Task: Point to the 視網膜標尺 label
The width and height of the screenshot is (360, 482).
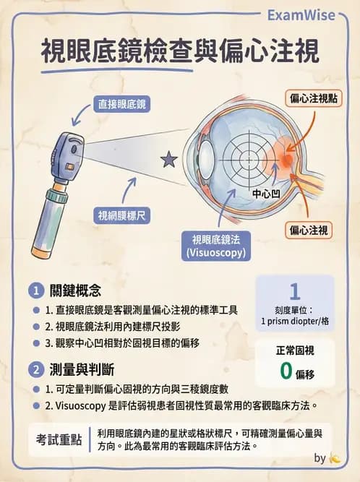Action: (121, 215)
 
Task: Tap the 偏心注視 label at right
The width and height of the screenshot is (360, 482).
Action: (309, 231)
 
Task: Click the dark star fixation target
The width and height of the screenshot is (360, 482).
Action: (168, 160)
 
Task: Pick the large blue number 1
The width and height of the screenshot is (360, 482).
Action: (294, 292)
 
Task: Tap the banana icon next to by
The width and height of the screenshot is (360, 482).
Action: (335, 458)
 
